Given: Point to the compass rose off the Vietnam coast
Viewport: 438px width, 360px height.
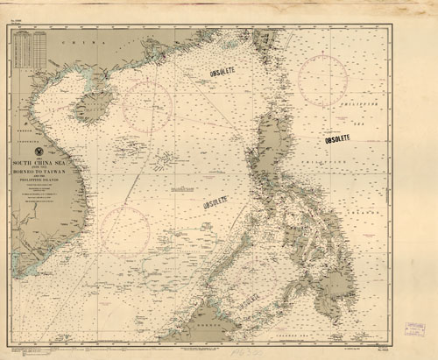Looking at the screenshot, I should pyautogui.click(x=124, y=229).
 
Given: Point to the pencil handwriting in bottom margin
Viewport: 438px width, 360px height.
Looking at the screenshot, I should pyautogui.click(x=26, y=350).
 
